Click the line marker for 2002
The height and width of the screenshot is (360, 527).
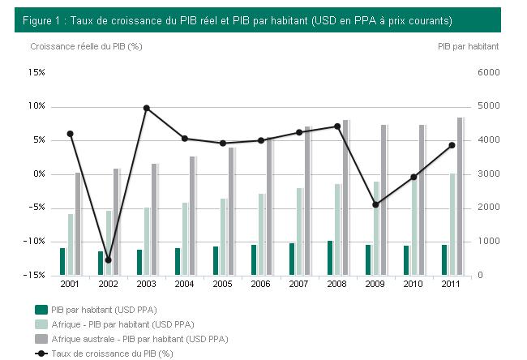tap(108, 260)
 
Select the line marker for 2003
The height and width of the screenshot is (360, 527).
tap(147, 108)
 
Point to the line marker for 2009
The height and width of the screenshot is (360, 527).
tap(375, 204)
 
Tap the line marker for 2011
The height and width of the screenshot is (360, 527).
tap(452, 145)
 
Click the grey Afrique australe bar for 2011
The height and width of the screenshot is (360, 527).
tap(460, 196)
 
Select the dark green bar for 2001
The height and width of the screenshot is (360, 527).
tap(62, 261)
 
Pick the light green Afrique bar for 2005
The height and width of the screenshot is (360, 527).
tap(223, 237)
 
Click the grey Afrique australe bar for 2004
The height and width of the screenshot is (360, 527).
tap(193, 216)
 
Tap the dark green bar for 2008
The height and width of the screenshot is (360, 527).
tap(330, 258)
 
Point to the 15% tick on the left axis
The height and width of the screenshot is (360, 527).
tap(36, 73)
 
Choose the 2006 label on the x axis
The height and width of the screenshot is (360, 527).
tap(260, 285)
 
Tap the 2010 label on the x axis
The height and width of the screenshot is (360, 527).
tap(413, 285)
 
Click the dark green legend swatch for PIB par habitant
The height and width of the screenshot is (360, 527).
tap(41, 309)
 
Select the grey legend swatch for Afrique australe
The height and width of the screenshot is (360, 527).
tap(41, 338)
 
